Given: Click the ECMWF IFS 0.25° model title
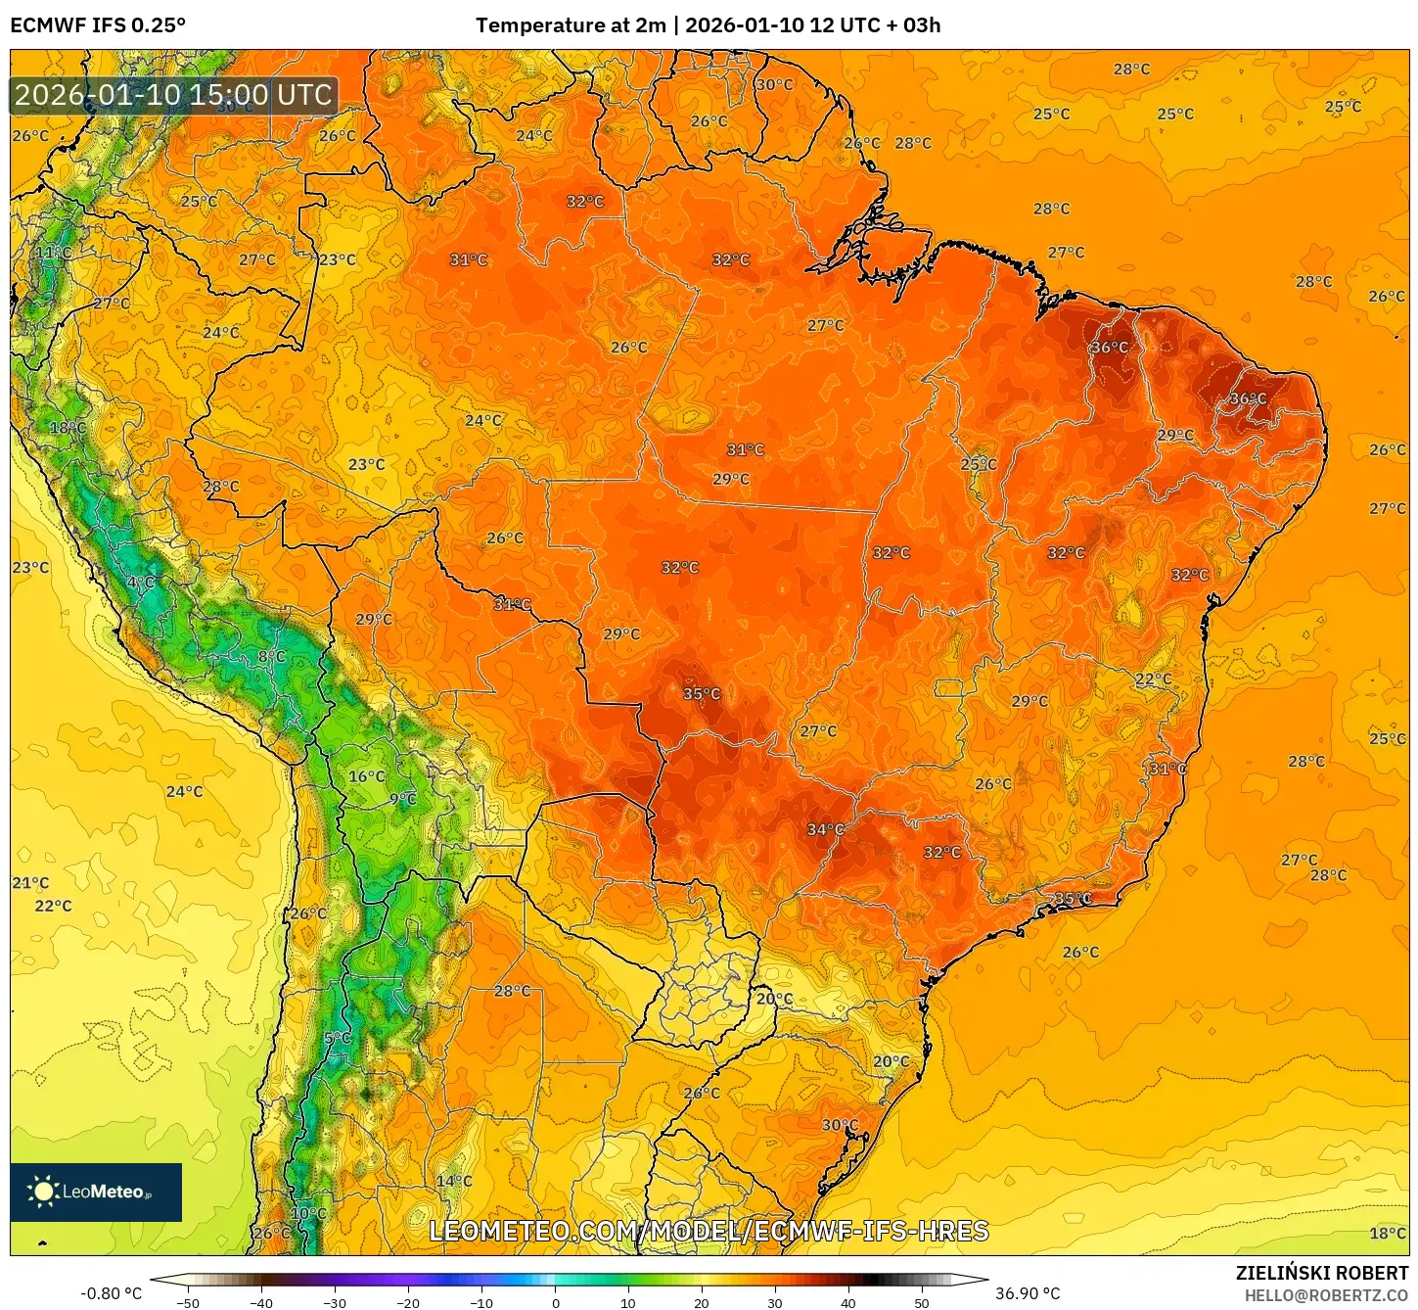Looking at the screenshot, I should tap(98, 25).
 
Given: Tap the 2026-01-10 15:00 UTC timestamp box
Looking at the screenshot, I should tap(173, 95).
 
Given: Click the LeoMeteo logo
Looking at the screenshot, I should tap(96, 1192).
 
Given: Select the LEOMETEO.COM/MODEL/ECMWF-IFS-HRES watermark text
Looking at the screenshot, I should tap(709, 1231).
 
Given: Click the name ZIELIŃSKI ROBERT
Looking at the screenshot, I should tap(1321, 1273).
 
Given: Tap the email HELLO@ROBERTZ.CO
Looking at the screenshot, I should tap(1326, 1295).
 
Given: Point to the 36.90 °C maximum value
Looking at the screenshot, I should tap(1028, 1293).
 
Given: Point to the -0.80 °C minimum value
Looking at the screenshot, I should tap(111, 1293).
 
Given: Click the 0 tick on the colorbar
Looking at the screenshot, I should tap(555, 1302).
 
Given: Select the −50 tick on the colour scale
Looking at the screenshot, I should tap(187, 1302).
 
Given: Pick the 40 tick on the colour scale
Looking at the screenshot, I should tap(847, 1302).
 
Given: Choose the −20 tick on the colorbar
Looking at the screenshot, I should tap(407, 1302).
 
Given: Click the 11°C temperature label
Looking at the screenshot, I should tap(55, 253).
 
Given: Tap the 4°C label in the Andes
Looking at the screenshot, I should tap(141, 583).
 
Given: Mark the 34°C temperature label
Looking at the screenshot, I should tap(825, 830).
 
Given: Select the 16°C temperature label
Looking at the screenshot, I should tap(367, 776).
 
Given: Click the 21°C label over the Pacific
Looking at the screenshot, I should tap(30, 883).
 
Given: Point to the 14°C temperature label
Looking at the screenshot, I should tap(454, 1182).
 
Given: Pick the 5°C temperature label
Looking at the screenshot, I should tap(338, 1038).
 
